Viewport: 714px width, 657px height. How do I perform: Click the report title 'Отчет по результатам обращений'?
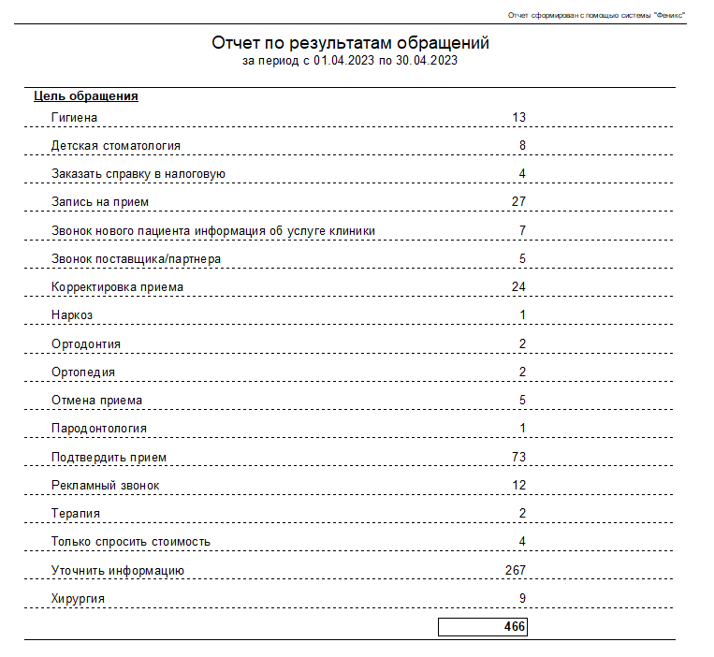click(x=350, y=43)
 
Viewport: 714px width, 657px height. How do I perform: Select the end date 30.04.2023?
click(x=427, y=61)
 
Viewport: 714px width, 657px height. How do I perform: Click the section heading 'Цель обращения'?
click(x=86, y=95)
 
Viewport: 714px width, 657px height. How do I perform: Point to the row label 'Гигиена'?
click(x=75, y=117)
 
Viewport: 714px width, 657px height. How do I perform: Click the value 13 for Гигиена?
click(x=519, y=117)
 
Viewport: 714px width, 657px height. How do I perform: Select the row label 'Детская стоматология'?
click(x=116, y=145)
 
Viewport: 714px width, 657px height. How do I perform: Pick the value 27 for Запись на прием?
click(x=519, y=201)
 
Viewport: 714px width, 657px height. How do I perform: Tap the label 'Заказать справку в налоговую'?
click(x=138, y=173)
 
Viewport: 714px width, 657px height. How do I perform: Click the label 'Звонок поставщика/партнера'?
click(x=137, y=258)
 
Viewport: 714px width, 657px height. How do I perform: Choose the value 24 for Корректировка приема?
click(x=519, y=286)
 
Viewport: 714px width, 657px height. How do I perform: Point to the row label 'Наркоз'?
click(x=72, y=314)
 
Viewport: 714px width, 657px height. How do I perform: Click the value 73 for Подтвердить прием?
click(x=519, y=457)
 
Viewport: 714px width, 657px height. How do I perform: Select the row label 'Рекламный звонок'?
click(x=106, y=485)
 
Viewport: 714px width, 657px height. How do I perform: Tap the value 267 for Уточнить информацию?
click(x=516, y=570)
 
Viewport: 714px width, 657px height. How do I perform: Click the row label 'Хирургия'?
click(x=78, y=598)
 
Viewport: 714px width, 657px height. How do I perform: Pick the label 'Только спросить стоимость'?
click(x=131, y=541)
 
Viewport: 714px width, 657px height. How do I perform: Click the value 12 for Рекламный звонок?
click(x=519, y=485)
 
